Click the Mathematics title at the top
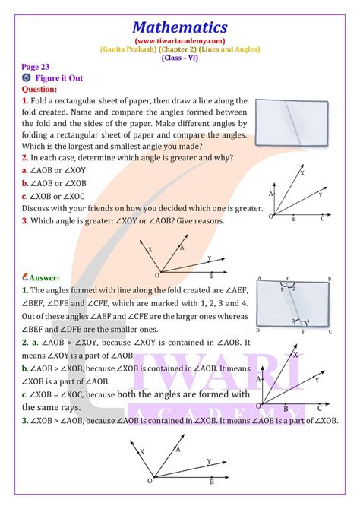click(x=180, y=27)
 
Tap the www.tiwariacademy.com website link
click(x=180, y=41)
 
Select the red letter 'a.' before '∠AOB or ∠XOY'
click(x=25, y=171)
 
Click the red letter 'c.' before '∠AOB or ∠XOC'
click(x=25, y=196)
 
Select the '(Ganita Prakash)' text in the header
click(x=125, y=50)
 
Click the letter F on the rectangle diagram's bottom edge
click(x=304, y=332)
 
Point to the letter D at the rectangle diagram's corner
click(x=259, y=331)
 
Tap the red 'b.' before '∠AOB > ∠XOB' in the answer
click(x=25, y=368)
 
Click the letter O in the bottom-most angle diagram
click(x=149, y=481)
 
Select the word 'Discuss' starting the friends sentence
click(x=39, y=208)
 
